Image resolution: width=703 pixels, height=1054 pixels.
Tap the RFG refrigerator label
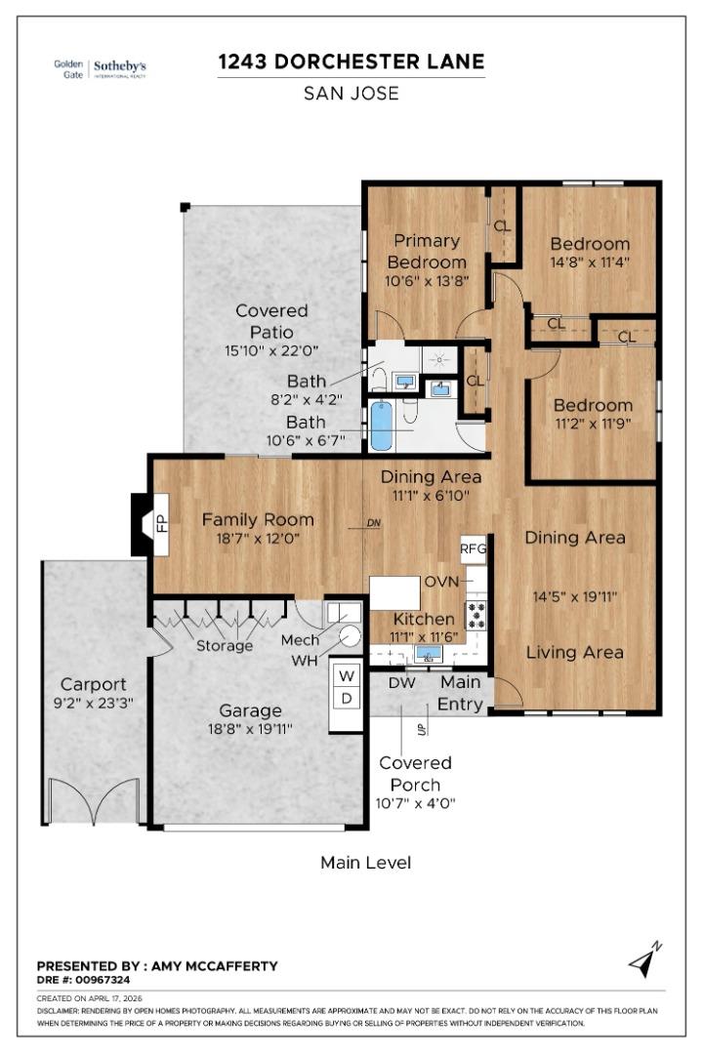tap(474, 548)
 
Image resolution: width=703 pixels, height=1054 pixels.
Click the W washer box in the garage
tap(346, 674)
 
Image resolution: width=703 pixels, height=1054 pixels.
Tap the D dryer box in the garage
tap(346, 698)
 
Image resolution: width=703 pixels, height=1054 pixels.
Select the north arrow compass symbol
tap(645, 960)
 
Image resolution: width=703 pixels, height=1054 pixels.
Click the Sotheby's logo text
tap(119, 66)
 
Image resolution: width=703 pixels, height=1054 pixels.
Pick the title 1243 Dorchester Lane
tap(351, 62)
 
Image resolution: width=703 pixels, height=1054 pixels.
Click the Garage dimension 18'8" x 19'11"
tap(250, 729)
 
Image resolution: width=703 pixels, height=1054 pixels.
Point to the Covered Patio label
tap(271, 321)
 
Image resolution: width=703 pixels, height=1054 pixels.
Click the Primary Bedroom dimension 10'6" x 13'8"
tap(426, 280)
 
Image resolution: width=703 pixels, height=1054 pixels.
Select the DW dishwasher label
tap(401, 684)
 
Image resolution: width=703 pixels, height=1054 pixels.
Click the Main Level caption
tap(365, 863)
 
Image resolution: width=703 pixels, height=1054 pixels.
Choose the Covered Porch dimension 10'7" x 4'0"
tap(415, 803)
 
